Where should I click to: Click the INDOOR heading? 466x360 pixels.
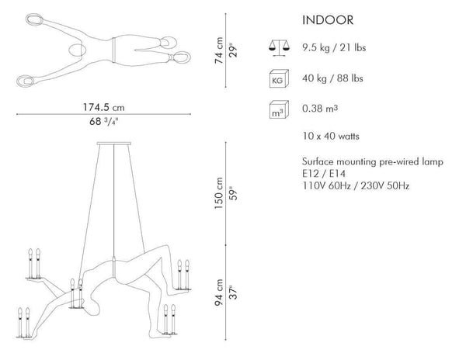pyautogui.click(x=328, y=20)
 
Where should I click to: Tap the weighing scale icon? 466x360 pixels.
pyautogui.click(x=279, y=48)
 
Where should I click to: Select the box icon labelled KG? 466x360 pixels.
pyautogui.click(x=279, y=78)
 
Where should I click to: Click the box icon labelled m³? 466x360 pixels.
pyautogui.click(x=279, y=110)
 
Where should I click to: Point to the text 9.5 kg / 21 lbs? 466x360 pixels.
pyautogui.click(x=334, y=48)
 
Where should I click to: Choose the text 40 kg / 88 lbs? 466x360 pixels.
pyautogui.click(x=332, y=78)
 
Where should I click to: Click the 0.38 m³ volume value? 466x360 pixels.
pyautogui.click(x=320, y=109)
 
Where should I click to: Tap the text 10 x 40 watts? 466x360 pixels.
pyautogui.click(x=331, y=137)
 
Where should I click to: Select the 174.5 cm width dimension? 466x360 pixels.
pyautogui.click(x=103, y=107)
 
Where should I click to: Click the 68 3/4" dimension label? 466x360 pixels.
pyautogui.click(x=104, y=121)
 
